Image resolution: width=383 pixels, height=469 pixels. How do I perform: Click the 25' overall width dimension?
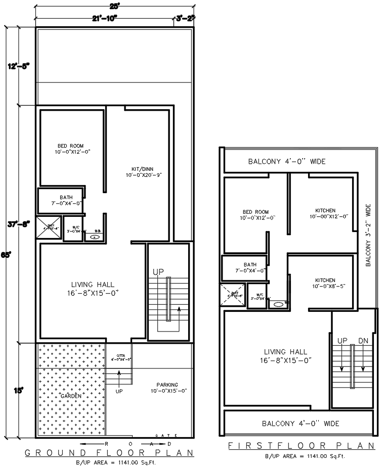tap(114, 6)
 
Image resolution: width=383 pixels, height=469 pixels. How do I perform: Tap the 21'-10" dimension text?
tap(105, 18)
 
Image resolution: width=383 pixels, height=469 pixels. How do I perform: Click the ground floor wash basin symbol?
tap(94, 236)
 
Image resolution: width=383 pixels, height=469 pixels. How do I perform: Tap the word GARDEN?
tap(71, 396)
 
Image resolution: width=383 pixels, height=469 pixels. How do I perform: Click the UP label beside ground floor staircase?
tap(158, 272)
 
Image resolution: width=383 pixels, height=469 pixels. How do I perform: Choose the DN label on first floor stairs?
tap(363, 341)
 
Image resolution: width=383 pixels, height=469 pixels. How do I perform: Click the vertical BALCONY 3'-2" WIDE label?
tap(369, 236)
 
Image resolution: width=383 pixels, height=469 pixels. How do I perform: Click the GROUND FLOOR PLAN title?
tap(110, 452)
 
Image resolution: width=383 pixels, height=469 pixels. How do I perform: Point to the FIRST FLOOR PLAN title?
tap(301, 446)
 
